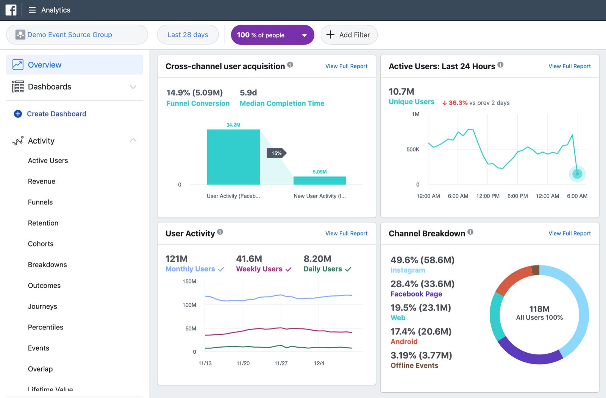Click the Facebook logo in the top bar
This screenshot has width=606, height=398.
pos(11,10)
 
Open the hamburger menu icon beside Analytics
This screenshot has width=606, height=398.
pos(32,10)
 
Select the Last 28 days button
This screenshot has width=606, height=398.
pos(188,35)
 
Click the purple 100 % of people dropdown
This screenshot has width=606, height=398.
pos(272,35)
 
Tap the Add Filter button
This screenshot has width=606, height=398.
pos(348,35)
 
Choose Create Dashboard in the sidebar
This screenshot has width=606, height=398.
pos(56,114)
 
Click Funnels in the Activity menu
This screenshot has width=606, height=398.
pos(40,202)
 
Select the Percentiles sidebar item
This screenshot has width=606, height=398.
pos(45,327)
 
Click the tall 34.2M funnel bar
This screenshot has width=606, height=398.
pos(233,157)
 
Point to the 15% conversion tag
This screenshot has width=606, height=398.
pos(276,153)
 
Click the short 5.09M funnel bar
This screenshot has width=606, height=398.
pos(320,181)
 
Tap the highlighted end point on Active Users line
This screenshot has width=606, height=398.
pos(577,174)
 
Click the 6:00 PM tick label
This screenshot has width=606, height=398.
pos(517,196)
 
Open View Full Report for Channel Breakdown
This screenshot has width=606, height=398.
pos(569,234)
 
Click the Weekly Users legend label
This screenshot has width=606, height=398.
pos(259,269)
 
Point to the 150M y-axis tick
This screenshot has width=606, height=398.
pos(189,281)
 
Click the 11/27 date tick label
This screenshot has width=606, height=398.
pos(281,363)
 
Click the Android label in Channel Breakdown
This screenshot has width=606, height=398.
pos(404,342)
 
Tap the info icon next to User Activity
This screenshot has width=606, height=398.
pos(220,232)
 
